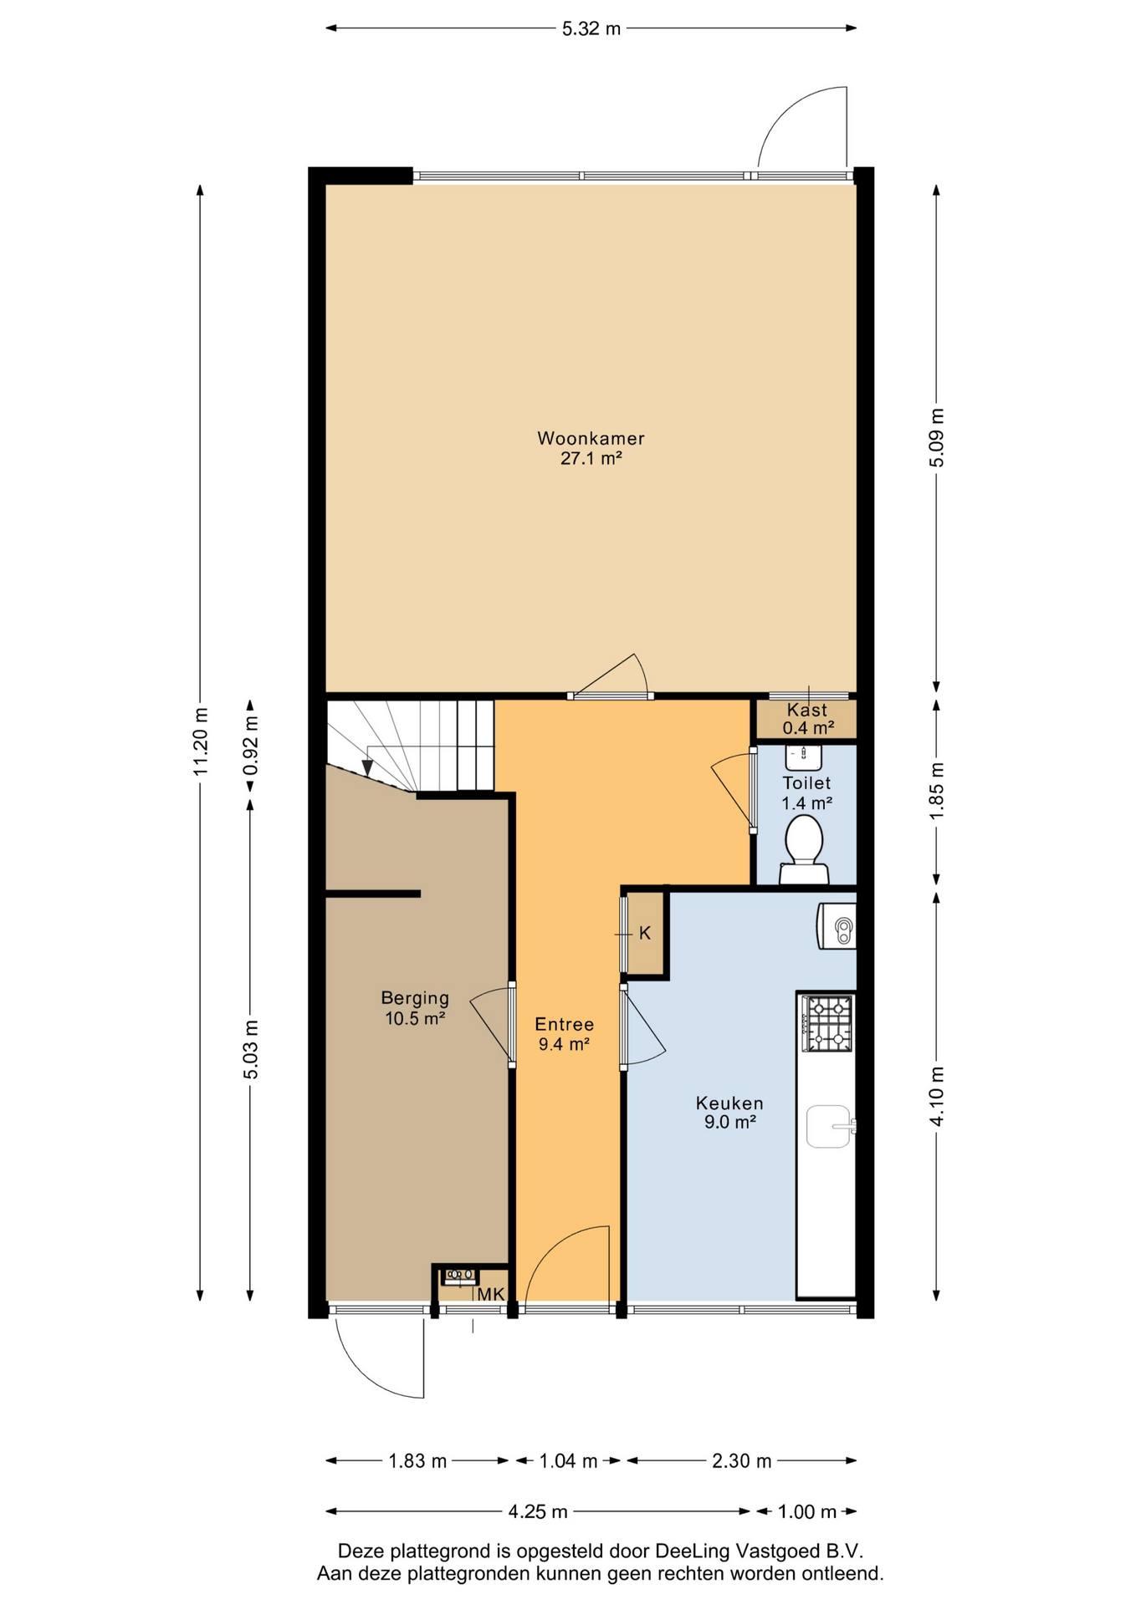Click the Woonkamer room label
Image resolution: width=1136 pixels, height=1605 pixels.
point(591,438)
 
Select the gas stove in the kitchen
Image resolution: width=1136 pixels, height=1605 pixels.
point(826,1023)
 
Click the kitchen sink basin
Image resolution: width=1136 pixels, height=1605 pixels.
point(829,1127)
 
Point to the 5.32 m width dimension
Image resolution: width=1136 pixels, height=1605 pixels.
point(591,28)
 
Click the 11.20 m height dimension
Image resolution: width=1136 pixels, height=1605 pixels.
point(200,741)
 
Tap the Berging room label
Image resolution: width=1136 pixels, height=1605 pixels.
point(415,997)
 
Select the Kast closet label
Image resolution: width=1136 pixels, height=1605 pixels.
point(807,710)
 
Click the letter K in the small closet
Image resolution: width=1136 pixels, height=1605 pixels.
point(645,933)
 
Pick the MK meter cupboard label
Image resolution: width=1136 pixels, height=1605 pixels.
point(491,1294)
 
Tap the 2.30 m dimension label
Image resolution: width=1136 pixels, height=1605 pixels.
point(741,1461)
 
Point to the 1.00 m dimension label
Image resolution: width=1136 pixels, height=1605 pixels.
point(807,1511)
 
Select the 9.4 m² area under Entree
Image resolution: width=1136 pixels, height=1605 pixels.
point(565,1044)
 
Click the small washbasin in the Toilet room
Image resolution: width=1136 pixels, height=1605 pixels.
point(803,757)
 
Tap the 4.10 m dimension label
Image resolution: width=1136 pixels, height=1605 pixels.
point(937,1097)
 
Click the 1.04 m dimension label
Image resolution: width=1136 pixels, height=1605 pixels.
point(568,1461)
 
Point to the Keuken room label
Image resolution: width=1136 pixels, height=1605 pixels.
point(729,1103)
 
